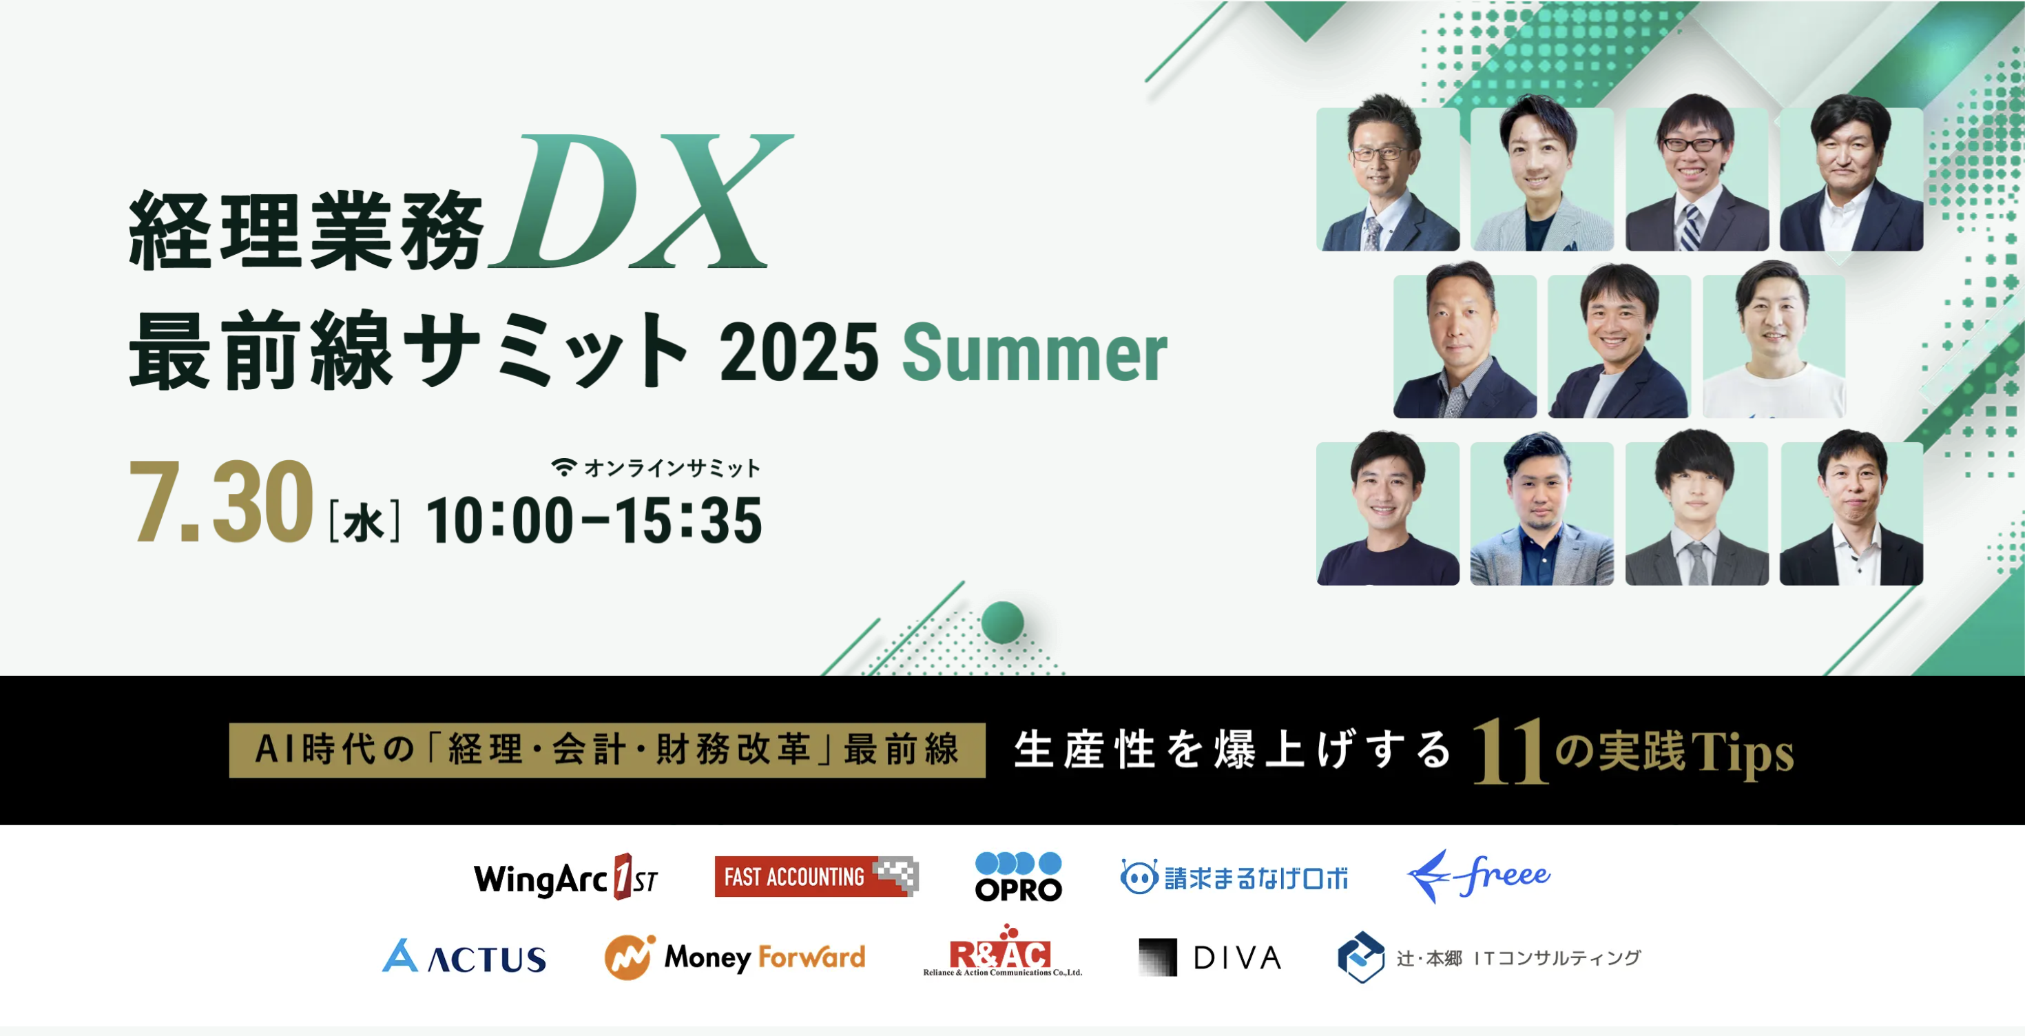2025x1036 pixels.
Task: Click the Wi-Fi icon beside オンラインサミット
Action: (x=563, y=467)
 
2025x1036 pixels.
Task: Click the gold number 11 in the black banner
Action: (x=1510, y=752)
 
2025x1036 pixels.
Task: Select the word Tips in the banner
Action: (x=1743, y=753)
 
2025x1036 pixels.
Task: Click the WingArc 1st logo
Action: (x=566, y=877)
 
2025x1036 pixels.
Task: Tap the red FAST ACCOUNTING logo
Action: (x=816, y=876)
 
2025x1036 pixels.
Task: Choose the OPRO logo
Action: (x=1018, y=876)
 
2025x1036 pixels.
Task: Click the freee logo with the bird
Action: (x=1478, y=876)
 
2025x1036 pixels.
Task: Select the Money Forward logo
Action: (x=735, y=957)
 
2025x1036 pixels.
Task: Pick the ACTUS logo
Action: (x=464, y=957)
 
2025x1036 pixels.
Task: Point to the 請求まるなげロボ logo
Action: (x=1234, y=877)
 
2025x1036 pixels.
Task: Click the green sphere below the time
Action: (x=1002, y=622)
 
